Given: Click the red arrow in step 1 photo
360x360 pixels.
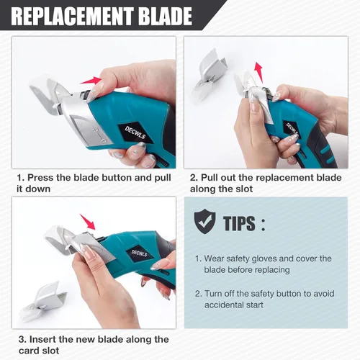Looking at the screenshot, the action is pos(91,81).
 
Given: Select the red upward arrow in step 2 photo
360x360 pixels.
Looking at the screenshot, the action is pos(258,72).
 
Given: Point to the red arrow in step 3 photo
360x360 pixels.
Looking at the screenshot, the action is pos(88,222).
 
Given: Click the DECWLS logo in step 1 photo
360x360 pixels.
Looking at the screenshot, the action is pos(135,132).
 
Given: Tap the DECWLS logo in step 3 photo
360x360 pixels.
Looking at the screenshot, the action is pos(140,253).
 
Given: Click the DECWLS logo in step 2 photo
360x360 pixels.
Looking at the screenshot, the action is pos(292,130).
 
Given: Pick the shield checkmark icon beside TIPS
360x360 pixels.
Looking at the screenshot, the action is pos(204,221).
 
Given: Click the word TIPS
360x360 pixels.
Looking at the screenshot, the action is pos(239,223).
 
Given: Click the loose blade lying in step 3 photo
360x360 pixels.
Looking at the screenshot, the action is pos(43,301).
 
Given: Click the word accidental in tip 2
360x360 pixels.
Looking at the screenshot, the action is pos(221,305).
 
